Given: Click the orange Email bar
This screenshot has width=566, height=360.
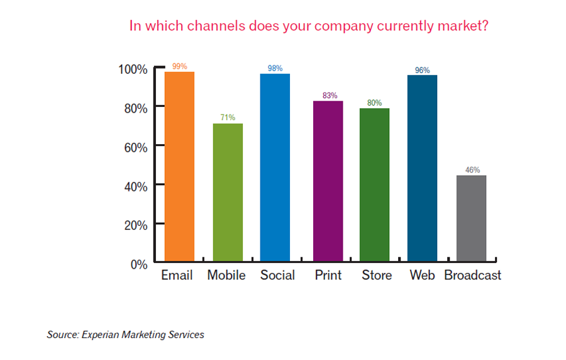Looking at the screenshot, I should click(179, 166).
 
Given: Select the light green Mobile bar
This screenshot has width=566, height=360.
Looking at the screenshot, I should click(228, 191).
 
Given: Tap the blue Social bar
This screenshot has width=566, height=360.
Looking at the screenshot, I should click(275, 167).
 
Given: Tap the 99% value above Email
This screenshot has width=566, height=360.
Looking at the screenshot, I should click(179, 66).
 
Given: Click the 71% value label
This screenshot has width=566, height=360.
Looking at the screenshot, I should click(228, 118).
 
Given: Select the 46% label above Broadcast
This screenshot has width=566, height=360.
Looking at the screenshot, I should click(472, 170).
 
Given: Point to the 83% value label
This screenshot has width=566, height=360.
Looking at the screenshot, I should click(329, 96).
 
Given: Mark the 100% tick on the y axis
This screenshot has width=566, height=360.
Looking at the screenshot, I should click(133, 69).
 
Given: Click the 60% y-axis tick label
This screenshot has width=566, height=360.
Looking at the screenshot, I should click(135, 147).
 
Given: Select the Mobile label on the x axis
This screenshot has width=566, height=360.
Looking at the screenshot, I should click(226, 276).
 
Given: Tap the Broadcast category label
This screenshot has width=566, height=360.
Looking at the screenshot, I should click(472, 276).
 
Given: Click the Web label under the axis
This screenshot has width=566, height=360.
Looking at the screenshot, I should click(422, 276).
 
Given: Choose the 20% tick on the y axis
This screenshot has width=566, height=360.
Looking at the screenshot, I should click(135, 225).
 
